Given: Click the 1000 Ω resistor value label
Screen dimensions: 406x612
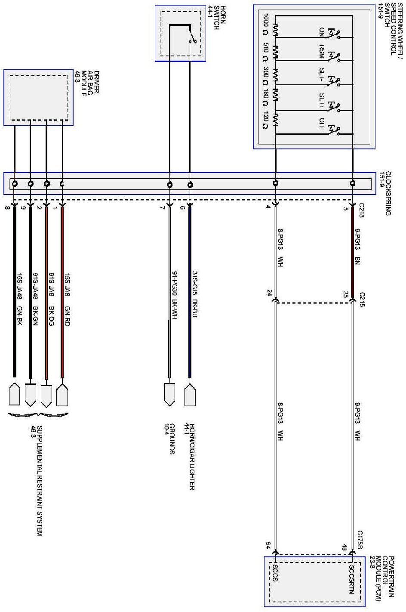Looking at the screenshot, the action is click(265, 25).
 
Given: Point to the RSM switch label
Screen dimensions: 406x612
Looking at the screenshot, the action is click(321, 52).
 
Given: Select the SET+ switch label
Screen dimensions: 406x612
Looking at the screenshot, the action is click(321, 101).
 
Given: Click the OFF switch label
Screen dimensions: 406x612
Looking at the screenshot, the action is click(321, 124).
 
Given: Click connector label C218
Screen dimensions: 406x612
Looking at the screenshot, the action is click(362, 210).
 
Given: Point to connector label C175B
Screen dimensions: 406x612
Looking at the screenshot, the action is click(360, 540).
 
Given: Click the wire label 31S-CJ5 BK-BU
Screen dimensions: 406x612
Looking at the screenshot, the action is click(194, 294).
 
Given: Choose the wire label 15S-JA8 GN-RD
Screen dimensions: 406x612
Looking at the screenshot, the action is click(67, 300).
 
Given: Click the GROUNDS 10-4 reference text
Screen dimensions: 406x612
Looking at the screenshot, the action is click(169, 439).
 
